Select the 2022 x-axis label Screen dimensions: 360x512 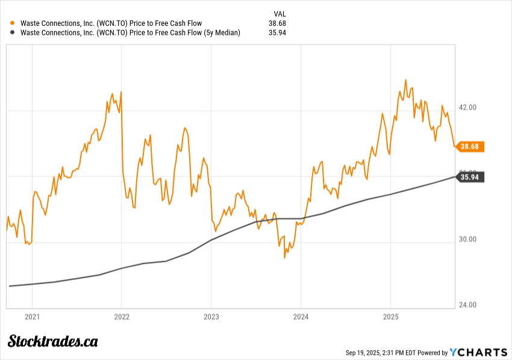(122, 317)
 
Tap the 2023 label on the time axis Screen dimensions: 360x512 (211, 317)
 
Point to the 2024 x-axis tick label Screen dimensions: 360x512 (301, 317)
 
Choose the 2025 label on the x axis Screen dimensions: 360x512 (391, 317)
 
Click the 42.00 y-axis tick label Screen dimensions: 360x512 (468, 107)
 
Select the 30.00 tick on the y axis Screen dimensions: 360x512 (468, 239)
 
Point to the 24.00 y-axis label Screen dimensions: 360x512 (468, 305)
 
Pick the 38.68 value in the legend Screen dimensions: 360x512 (277, 23)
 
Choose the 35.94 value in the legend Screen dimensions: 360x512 (277, 33)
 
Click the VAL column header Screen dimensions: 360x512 (279, 13)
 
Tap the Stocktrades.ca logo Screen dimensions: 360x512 (52, 341)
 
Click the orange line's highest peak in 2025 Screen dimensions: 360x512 (405, 79)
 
